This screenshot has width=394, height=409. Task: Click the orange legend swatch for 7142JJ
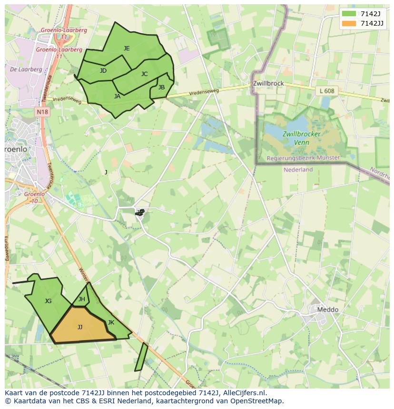(x=349, y=24)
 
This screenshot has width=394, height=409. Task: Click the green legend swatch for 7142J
(x=349, y=14)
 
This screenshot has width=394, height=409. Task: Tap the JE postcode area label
(x=127, y=48)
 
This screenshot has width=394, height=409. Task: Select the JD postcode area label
(x=103, y=71)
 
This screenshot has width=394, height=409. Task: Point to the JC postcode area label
(x=144, y=74)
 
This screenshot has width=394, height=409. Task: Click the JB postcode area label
(x=161, y=87)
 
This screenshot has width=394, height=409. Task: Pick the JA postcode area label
(x=117, y=96)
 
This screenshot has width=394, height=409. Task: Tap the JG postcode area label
(x=48, y=301)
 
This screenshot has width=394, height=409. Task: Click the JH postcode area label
(x=82, y=299)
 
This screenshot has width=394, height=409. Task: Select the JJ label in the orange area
(x=80, y=327)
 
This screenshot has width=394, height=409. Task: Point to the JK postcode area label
(x=111, y=322)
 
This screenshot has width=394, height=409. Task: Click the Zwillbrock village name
(x=268, y=83)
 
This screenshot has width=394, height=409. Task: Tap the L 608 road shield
(x=327, y=91)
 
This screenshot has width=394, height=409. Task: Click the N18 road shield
(x=42, y=112)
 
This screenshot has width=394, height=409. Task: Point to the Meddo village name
(x=327, y=310)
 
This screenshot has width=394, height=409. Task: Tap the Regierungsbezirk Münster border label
(x=303, y=158)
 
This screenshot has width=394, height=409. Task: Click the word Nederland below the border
(x=298, y=170)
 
